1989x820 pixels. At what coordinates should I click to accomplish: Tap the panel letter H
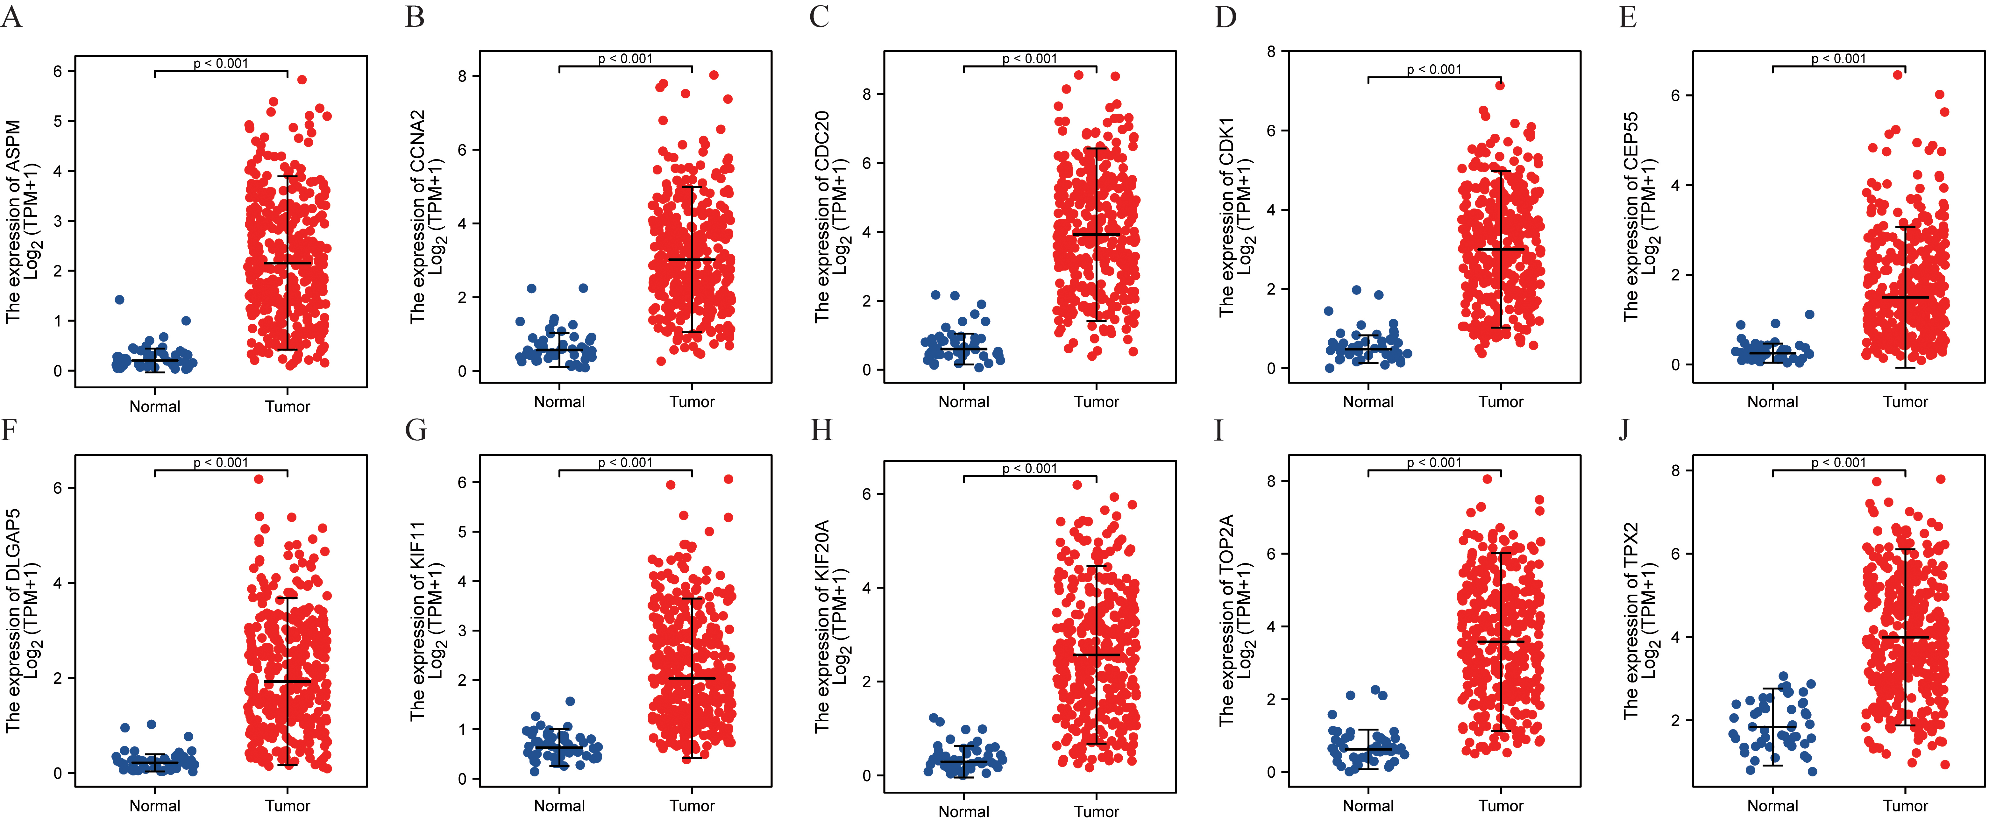(x=821, y=429)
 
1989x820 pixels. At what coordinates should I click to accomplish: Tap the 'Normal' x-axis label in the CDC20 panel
(x=963, y=401)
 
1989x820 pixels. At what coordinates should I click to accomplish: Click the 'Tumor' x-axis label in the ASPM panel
(x=287, y=406)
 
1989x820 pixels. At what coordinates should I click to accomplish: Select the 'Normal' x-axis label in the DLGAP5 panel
(x=154, y=805)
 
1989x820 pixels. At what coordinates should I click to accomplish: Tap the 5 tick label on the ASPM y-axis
(x=58, y=121)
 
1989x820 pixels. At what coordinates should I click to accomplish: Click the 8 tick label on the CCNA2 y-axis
(x=463, y=76)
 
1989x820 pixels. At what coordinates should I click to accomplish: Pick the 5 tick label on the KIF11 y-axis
(x=463, y=532)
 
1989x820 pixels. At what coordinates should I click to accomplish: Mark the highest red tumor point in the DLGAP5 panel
(x=259, y=479)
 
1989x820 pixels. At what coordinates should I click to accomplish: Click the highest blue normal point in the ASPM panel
(x=120, y=300)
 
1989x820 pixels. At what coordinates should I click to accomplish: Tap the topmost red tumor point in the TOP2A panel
(x=1487, y=479)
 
